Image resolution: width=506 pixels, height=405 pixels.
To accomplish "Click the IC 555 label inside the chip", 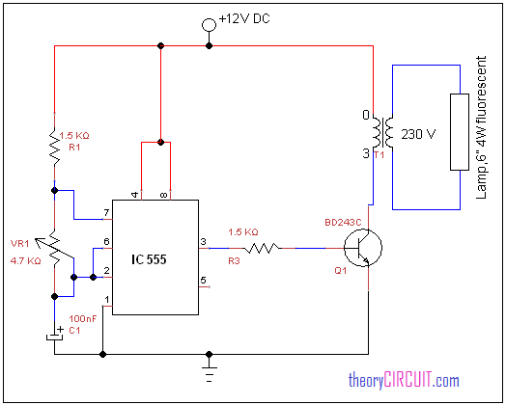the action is click(x=149, y=259).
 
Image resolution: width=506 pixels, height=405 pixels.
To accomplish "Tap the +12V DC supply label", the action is click(x=244, y=18).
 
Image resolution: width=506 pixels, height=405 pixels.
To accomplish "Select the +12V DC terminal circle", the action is click(x=209, y=25).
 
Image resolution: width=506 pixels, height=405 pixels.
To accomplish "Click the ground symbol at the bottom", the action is click(x=210, y=372).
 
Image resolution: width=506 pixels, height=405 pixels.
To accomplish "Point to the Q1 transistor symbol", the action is click(x=363, y=248).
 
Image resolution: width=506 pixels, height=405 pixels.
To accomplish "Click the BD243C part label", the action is click(x=343, y=223).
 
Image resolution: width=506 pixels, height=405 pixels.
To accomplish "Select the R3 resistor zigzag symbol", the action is click(x=262, y=248).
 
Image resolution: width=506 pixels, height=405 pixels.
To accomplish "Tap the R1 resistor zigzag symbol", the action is click(x=54, y=147).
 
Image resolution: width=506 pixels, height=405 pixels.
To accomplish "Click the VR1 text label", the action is click(x=19, y=244).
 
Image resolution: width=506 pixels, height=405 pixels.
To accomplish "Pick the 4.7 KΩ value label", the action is click(x=26, y=260).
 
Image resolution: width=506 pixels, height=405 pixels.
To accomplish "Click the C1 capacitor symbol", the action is click(x=54, y=336).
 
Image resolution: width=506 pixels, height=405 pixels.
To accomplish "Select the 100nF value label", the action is click(x=83, y=318).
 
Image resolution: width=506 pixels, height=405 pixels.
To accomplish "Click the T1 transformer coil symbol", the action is click(x=382, y=133).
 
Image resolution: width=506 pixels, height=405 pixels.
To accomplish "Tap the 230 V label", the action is click(x=418, y=134).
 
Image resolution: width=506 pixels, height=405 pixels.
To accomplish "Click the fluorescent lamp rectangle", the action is click(x=460, y=132).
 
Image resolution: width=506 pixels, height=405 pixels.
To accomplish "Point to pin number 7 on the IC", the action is click(x=106, y=213).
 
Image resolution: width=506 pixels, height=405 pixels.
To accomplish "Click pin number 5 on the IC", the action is click(x=203, y=280).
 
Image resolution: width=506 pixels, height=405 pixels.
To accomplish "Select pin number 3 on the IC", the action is click(x=203, y=242).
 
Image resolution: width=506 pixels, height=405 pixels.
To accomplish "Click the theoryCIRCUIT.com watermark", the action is click(x=404, y=380).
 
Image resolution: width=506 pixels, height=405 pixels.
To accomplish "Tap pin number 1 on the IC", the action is click(x=107, y=300).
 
